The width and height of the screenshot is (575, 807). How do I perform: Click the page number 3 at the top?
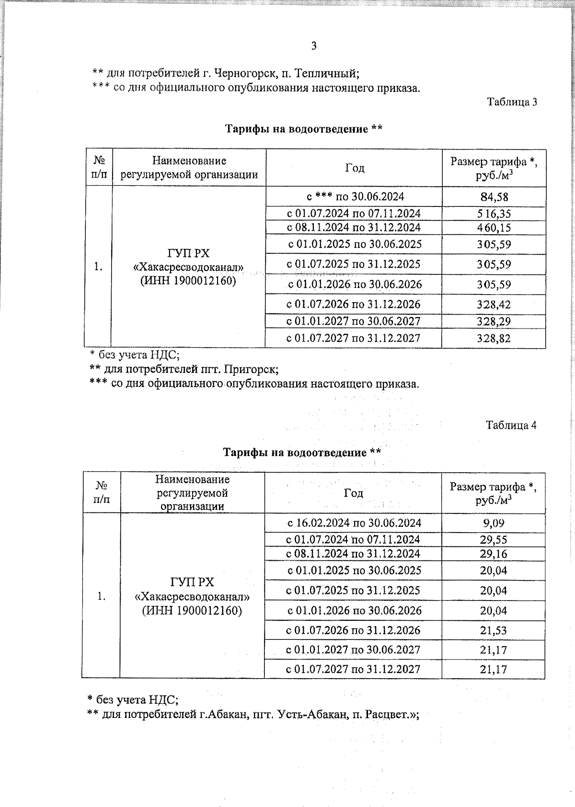coord(314,46)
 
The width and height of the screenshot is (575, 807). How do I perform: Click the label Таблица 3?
coord(512,102)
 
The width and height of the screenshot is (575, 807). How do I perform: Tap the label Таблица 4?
coord(511,425)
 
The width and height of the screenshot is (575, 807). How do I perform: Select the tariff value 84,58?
coord(494,197)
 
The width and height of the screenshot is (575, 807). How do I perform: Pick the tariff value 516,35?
coord(494,214)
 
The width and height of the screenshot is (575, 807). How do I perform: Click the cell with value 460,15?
coord(494,227)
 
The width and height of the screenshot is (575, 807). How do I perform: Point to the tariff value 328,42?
coord(494,305)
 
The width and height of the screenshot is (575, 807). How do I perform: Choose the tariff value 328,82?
coord(494,339)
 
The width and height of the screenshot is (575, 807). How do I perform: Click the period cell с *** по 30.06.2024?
coord(355,196)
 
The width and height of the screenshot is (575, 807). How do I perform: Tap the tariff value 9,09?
coord(494,523)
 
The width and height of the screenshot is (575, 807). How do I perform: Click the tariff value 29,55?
coord(494,540)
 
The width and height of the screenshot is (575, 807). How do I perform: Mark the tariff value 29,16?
coord(494,554)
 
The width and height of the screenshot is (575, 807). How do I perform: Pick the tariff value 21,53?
coord(494,630)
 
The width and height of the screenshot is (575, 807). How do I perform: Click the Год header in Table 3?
coord(355,168)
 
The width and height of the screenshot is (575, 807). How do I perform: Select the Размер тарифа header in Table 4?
coord(493,488)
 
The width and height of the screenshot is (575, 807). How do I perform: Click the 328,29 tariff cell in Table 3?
coord(494,321)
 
